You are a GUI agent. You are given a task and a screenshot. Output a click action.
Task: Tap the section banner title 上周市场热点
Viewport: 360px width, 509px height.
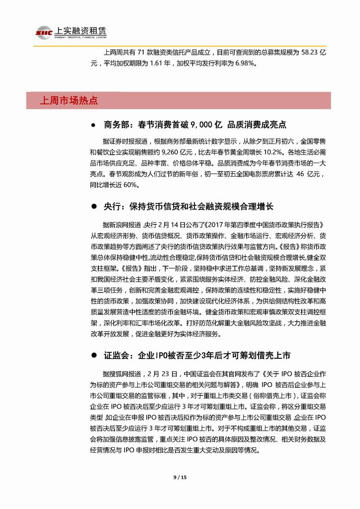point(69,101)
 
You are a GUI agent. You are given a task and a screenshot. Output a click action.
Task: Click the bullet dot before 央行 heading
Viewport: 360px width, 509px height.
point(93,206)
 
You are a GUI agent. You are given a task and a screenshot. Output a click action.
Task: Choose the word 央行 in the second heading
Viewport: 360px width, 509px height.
point(114,206)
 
